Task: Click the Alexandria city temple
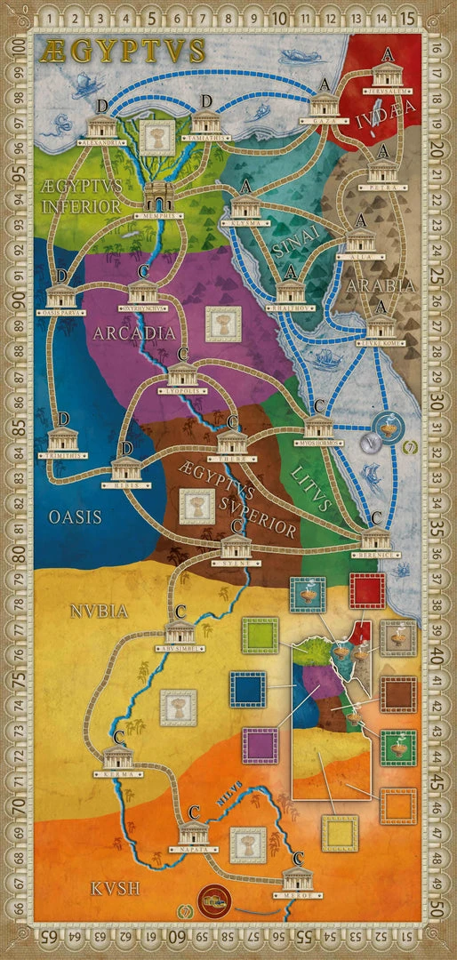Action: (100, 127)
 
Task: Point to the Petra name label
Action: (382, 188)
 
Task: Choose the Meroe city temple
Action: (297, 877)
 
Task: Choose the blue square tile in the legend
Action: (248, 688)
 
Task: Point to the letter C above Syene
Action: (236, 524)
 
